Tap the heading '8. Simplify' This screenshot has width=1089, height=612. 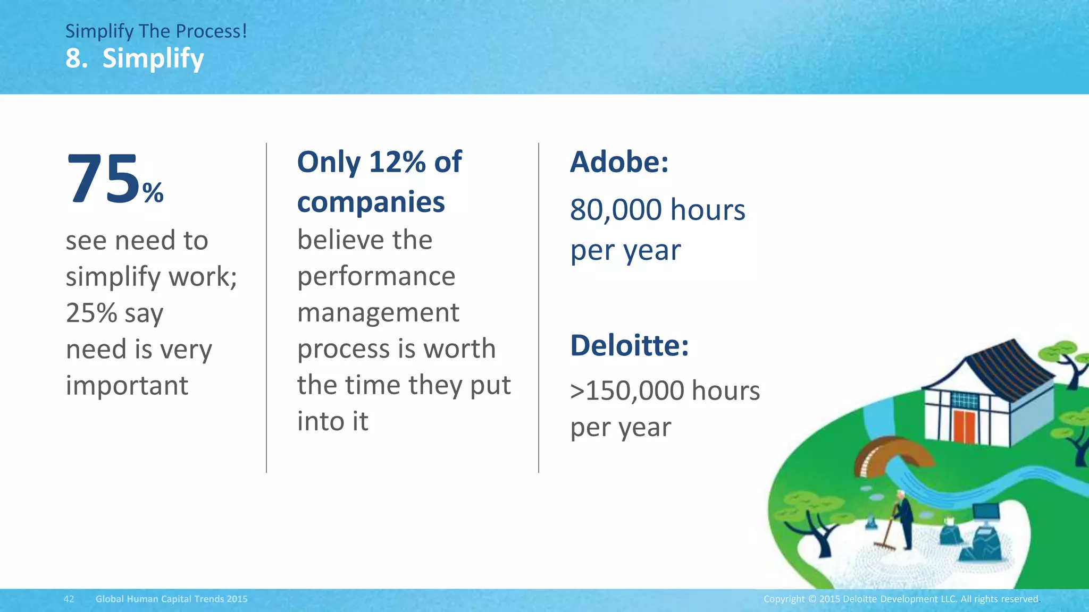tap(135, 58)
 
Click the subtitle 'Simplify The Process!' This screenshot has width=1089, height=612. tap(156, 31)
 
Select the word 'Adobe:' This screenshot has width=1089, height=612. tap(619, 162)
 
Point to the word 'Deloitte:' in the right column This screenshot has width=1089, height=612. tap(630, 346)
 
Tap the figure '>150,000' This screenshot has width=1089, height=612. tap(627, 391)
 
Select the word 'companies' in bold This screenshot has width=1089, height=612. tap(371, 202)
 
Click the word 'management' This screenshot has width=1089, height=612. tap(378, 312)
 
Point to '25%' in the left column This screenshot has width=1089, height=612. tap(91, 312)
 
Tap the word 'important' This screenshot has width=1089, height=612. tap(127, 386)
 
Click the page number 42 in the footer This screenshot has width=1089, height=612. tap(69, 599)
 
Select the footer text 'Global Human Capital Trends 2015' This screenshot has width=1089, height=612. tap(171, 599)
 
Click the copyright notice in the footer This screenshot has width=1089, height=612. tap(901, 599)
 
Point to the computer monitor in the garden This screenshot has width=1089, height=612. tap(985, 512)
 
